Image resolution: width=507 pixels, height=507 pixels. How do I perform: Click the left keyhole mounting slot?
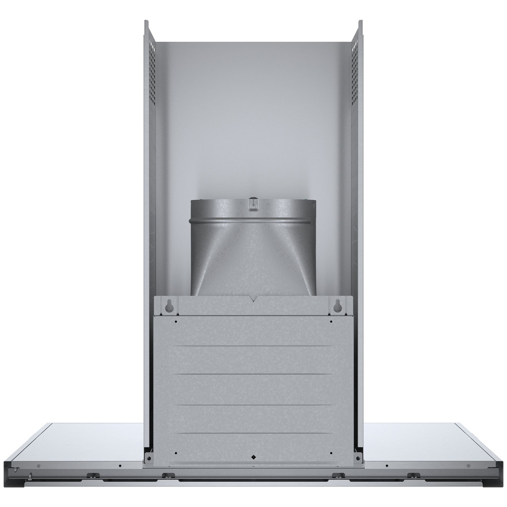[168, 306]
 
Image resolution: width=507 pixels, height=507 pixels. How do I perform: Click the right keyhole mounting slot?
[337, 306]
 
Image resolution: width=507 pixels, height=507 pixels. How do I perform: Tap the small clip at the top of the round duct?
[252, 203]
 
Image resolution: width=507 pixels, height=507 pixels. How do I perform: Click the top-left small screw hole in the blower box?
[176, 321]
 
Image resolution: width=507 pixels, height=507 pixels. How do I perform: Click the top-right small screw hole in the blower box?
[331, 321]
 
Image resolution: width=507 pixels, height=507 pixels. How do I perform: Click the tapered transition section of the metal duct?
[253, 257]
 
